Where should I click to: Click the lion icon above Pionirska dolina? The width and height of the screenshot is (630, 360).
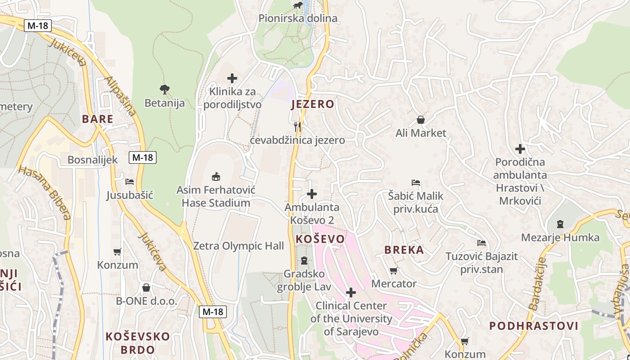pyautogui.click(x=298, y=5)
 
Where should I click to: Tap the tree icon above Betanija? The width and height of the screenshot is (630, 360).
pyautogui.click(x=165, y=90)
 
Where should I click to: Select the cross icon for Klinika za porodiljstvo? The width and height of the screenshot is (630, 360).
pyautogui.click(x=232, y=79)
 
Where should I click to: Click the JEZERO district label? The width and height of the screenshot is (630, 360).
pyautogui.click(x=313, y=104)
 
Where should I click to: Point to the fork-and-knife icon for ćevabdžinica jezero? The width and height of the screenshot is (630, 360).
pyautogui.click(x=297, y=126)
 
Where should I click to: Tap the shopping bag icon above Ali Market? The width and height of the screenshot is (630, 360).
pyautogui.click(x=421, y=120)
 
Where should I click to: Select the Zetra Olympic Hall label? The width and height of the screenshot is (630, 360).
pyautogui.click(x=238, y=246)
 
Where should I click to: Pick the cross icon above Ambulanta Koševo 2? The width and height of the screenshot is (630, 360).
pyautogui.click(x=311, y=194)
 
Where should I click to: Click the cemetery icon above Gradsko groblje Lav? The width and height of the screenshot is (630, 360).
pyautogui.click(x=304, y=261)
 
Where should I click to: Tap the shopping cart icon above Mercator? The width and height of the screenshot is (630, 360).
pyautogui.click(x=394, y=270)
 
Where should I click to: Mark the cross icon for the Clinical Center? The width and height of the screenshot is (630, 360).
pyautogui.click(x=351, y=292)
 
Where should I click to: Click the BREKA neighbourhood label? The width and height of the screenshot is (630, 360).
pyautogui.click(x=404, y=250)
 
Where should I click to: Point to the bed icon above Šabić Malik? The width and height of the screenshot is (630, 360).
pyautogui.click(x=416, y=183)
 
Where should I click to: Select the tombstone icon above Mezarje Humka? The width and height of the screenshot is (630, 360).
pyautogui.click(x=560, y=224)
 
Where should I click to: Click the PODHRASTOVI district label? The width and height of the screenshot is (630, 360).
pyautogui.click(x=534, y=326)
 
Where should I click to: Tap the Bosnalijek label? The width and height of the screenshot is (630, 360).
pyautogui.click(x=93, y=160)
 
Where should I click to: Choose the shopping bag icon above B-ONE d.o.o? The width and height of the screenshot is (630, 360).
pyautogui.click(x=146, y=288)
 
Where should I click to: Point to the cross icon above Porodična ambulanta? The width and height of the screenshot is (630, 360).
pyautogui.click(x=520, y=148)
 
